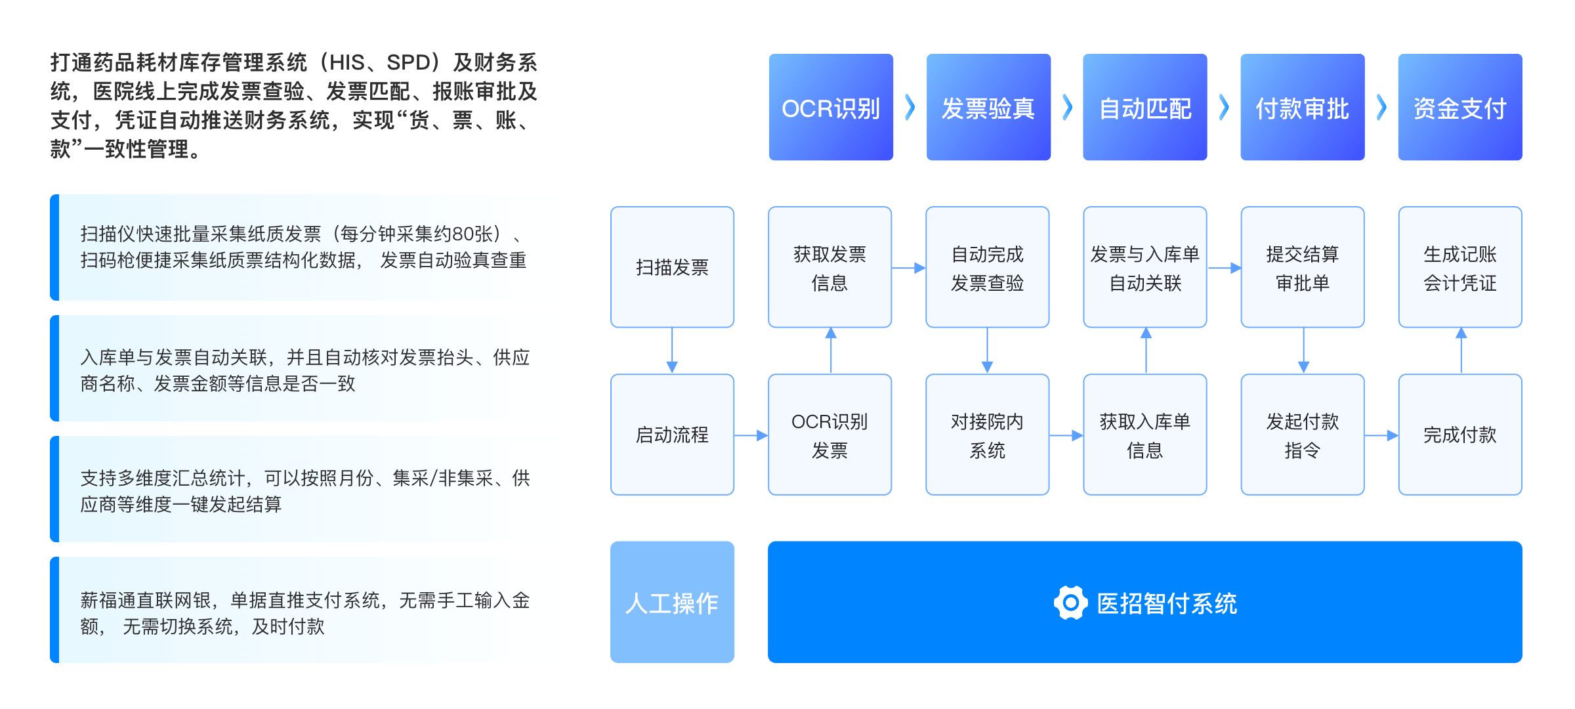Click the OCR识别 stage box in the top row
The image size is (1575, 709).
point(831,108)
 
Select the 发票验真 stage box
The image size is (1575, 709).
point(988,108)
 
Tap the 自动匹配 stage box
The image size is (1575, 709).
point(1145,108)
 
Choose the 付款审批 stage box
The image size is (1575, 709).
point(1303,108)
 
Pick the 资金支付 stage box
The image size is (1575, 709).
point(1460,108)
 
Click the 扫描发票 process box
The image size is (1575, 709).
point(672,267)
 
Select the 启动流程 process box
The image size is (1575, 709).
point(672,435)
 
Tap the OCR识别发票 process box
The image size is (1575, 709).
point(830,435)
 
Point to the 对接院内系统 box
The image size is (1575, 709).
point(988,435)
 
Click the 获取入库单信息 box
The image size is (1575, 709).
point(1145,435)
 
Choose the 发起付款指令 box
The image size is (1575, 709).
point(1303,435)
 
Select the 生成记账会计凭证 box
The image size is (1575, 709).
point(1460,267)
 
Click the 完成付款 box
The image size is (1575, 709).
point(1460,435)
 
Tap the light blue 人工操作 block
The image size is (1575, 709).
point(672,602)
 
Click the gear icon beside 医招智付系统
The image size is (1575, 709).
point(1070,603)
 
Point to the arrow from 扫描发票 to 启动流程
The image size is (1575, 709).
point(672,351)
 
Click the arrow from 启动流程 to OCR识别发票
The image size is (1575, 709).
point(751,435)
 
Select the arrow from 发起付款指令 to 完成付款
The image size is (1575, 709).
point(1381,435)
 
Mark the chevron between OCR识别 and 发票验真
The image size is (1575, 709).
point(910,108)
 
